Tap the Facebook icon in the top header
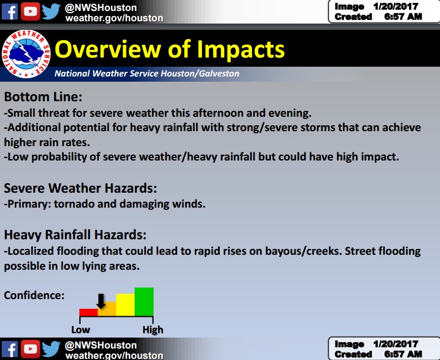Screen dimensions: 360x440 point(10,11)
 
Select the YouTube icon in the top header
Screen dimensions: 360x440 point(31,11)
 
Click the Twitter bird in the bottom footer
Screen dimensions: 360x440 point(51,349)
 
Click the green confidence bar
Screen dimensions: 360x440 point(144,302)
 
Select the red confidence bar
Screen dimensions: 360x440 point(89,312)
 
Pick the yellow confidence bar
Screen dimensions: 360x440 point(125,305)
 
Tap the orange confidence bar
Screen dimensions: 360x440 point(107,309)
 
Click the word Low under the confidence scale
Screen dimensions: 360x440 point(81,330)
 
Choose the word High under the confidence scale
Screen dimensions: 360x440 point(153,330)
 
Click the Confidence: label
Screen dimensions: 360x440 point(34,295)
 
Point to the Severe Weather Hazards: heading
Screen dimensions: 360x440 point(81,188)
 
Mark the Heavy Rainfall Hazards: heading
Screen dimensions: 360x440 point(75,235)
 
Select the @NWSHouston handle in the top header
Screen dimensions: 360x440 point(101,7)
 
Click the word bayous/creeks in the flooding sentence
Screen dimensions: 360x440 point(297,251)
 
